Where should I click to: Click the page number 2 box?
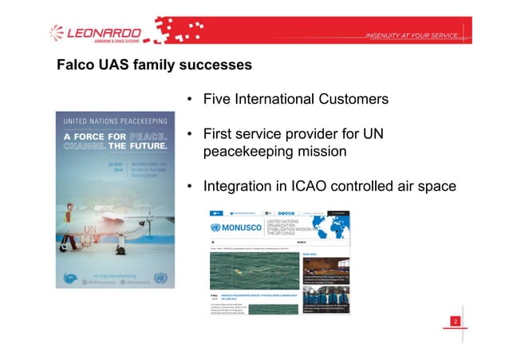tap(456, 321)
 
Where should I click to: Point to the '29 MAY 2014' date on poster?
tap(115, 169)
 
